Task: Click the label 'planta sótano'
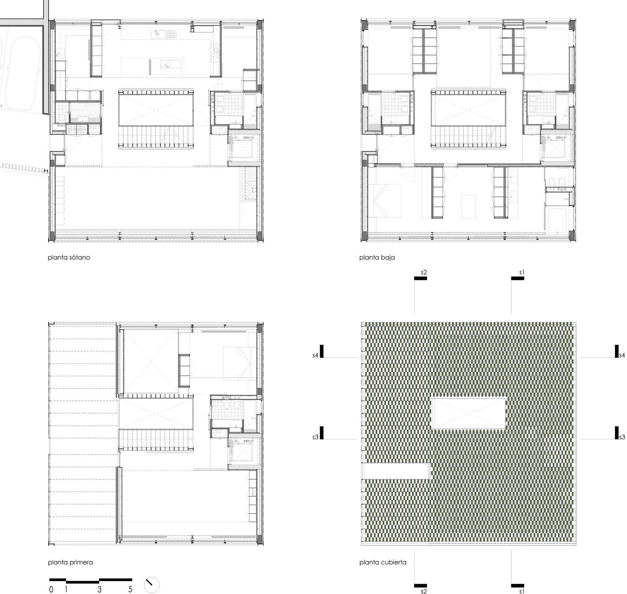tap(69, 258)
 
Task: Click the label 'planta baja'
tap(377, 258)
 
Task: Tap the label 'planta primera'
tap(70, 563)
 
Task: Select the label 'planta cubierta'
tap(382, 563)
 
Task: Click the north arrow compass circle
tap(152, 584)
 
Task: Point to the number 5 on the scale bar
tap(130, 589)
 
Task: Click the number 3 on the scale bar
tap(99, 589)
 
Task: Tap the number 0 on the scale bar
tap(51, 589)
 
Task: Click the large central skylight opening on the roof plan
tap(468, 413)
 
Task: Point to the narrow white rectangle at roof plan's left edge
tap(396, 471)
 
